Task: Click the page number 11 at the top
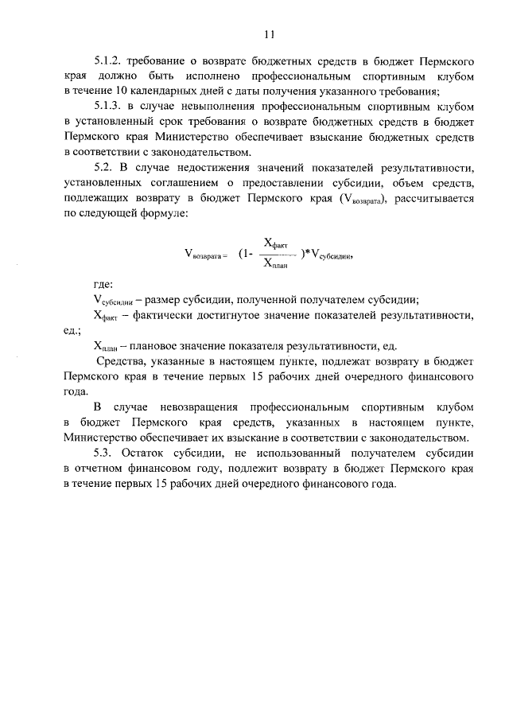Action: [x=269, y=34]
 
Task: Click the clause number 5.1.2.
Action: [x=109, y=61]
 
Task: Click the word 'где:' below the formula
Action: [x=103, y=284]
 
